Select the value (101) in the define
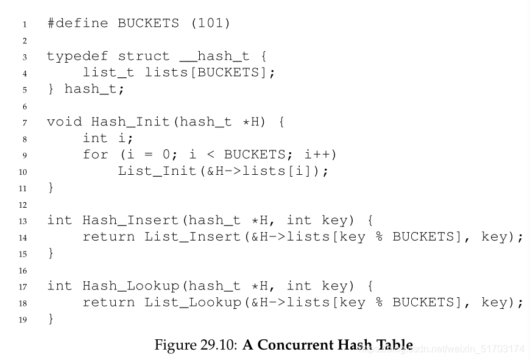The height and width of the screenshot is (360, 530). [210, 24]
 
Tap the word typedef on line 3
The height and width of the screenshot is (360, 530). [77, 57]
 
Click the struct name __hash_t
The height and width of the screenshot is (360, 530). [214, 57]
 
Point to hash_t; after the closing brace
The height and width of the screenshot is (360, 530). [94, 90]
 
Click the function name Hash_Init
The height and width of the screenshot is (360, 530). [130, 122]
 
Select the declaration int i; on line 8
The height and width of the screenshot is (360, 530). [108, 138]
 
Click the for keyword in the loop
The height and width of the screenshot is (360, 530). [96, 155]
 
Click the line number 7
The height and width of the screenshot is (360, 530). [24, 122]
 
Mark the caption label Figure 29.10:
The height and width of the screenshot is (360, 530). [196, 345]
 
